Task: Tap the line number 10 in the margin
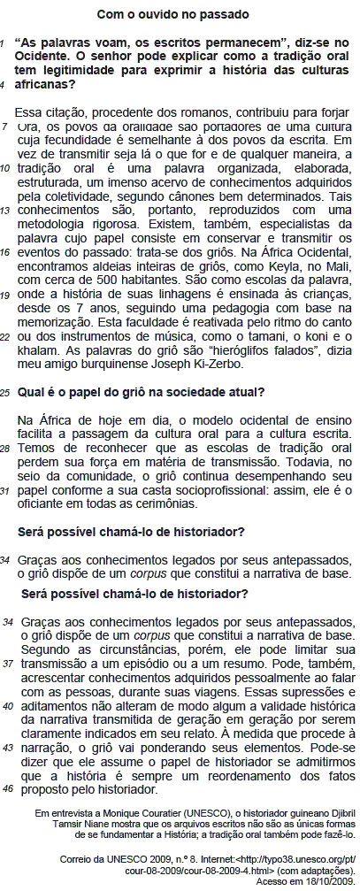coord(6,167)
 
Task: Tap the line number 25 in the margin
coord(6,392)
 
